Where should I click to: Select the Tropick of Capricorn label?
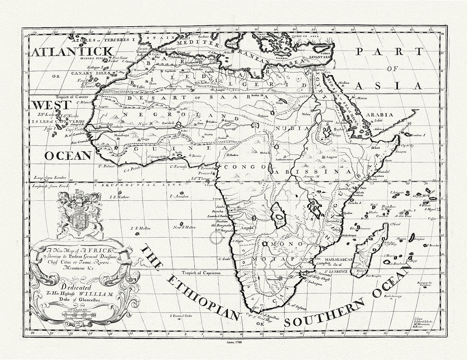click(201, 272)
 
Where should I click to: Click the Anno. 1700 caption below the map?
click(233, 342)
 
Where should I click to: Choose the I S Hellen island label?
click(141, 228)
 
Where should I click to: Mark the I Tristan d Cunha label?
click(182, 316)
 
